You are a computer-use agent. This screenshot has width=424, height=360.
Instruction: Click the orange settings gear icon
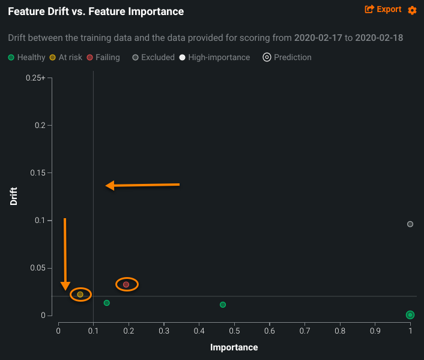[412, 10]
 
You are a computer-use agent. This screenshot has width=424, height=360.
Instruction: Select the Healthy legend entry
[26, 58]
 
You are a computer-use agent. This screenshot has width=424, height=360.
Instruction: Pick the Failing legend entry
[103, 58]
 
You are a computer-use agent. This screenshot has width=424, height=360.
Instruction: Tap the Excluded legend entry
[153, 58]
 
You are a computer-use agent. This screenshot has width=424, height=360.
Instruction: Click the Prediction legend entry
[287, 58]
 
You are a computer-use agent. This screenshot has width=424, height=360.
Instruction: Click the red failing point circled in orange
[126, 284]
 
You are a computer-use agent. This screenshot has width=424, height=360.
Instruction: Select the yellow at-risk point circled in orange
[80, 294]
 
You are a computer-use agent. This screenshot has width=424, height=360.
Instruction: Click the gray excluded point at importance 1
[410, 224]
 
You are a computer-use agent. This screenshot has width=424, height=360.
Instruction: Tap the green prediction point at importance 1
[410, 315]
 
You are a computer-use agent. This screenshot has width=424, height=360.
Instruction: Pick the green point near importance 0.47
[223, 305]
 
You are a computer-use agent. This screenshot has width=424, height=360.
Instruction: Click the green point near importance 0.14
[107, 303]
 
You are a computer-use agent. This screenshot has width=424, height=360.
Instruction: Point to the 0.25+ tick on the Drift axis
[35, 78]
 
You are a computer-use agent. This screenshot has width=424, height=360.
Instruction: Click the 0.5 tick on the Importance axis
[234, 331]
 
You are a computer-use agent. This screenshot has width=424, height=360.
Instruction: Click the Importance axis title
[234, 347]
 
